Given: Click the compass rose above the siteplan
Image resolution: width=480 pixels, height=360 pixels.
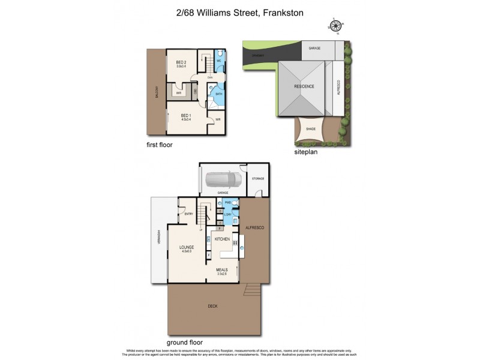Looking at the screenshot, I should tap(335, 25).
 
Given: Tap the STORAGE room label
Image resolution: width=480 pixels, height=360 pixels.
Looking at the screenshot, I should tap(259, 179).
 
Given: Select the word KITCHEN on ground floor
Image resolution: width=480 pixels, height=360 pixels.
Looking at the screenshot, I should tap(223, 239).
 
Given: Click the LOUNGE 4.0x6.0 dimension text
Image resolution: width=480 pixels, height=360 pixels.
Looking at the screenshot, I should tap(185, 250).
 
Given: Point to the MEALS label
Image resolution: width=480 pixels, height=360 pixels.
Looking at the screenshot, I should tap(222, 269).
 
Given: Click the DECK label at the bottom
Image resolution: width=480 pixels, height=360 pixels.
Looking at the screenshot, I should tap(212, 306).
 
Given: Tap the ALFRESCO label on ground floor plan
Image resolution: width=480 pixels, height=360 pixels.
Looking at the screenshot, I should tap(255, 228).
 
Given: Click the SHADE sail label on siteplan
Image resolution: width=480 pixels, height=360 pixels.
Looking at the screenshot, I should tap(311, 128).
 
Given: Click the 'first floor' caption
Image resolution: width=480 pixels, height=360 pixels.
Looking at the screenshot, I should tap(160, 145).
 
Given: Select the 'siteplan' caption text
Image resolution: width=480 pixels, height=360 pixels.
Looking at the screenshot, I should tap(306, 152).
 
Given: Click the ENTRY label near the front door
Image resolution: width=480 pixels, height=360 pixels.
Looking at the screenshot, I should tap(188, 214).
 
